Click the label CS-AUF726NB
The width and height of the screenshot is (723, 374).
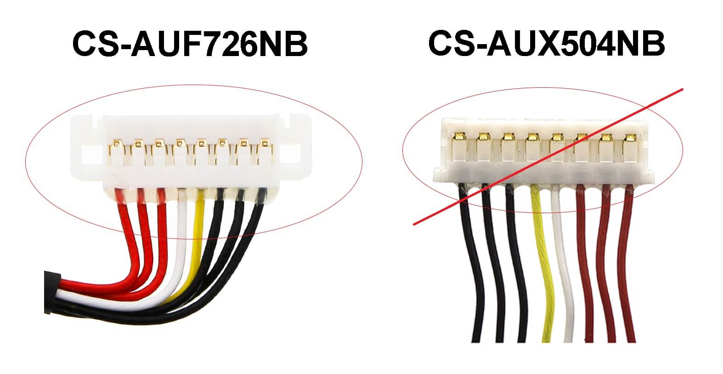point(189,44)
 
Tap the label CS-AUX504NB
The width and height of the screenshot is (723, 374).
point(546,44)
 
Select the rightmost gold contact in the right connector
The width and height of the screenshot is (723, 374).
point(628,136)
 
